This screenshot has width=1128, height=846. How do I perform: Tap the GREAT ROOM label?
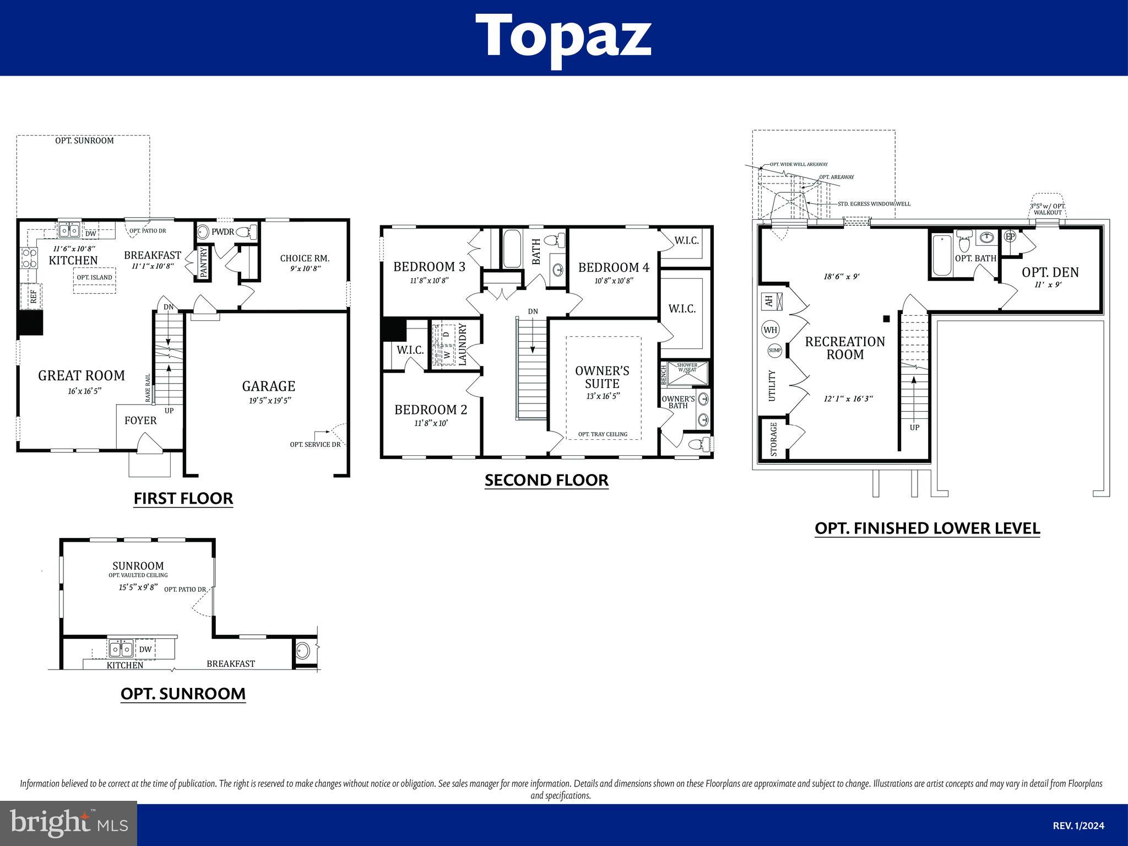[x=82, y=376]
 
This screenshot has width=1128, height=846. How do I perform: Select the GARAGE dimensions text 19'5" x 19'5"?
[x=269, y=401]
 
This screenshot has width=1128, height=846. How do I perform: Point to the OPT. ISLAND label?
[x=94, y=277]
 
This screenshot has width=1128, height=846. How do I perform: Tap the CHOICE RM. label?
[x=305, y=258]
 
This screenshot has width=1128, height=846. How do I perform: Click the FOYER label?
[x=140, y=421]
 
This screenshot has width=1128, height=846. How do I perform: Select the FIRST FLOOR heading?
[x=183, y=498]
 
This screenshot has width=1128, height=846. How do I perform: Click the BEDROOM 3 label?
[x=429, y=267]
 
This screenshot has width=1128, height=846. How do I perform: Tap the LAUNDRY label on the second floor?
[x=462, y=344]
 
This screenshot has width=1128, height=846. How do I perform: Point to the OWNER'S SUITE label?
[x=602, y=377]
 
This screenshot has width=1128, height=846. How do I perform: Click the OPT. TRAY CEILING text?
[x=603, y=434]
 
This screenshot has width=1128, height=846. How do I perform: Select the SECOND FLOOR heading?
[x=546, y=480]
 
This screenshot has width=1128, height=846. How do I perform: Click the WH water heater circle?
[x=770, y=330]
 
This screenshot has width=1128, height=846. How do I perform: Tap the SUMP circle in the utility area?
[x=774, y=350]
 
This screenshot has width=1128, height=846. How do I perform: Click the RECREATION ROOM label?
[x=845, y=348]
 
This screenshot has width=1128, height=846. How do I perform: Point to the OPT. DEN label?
[x=1050, y=272]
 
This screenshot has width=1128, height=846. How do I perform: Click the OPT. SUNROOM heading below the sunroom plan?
[x=183, y=693]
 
